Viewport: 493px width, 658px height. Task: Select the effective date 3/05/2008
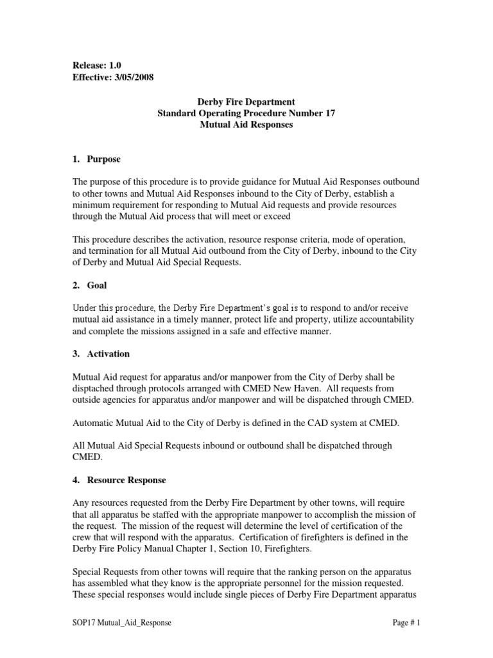[132, 77]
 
